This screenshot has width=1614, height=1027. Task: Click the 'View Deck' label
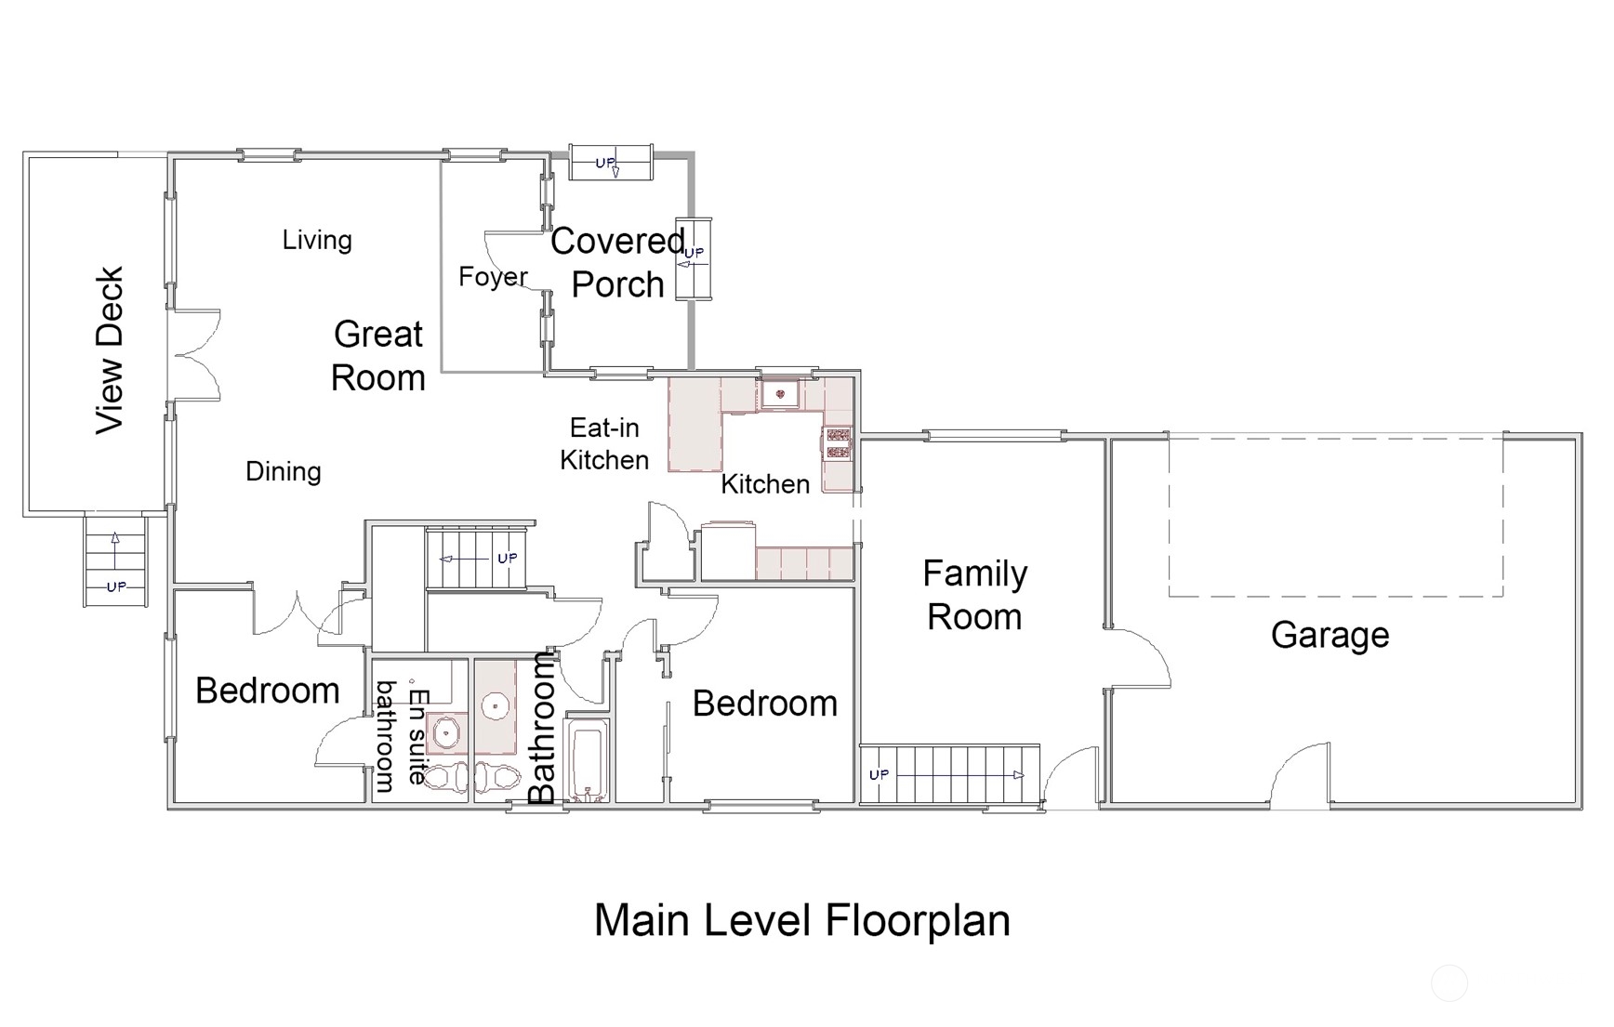110,350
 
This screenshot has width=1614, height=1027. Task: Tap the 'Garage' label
1330,636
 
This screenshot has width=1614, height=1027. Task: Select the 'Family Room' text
974,595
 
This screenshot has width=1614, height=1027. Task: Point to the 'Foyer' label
493,277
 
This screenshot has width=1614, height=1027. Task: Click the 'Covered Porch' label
618,263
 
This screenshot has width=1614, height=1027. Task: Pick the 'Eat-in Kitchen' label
604,443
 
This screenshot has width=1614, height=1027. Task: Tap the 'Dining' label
284,472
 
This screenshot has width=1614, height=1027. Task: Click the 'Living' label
317,240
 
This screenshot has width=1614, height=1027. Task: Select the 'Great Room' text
378,356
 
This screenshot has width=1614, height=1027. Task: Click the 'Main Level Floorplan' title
802,920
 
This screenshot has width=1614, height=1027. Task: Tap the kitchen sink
780,394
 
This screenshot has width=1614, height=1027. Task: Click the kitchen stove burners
838,443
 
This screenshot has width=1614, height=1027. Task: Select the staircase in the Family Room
949,774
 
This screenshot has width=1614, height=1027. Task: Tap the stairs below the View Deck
115,560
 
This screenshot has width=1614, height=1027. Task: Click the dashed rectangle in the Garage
1336,515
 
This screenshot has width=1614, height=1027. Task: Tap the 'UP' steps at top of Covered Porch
611,163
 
